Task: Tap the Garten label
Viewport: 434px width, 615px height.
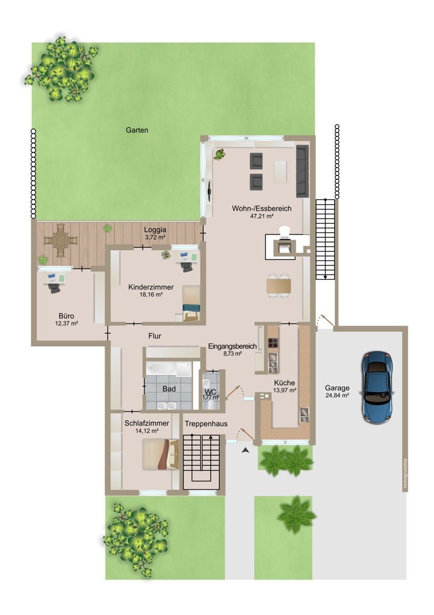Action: (137, 130)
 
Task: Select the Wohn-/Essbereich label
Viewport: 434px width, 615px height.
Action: (262, 209)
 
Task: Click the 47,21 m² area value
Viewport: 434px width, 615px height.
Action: (262, 216)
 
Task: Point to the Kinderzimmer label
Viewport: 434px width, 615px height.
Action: (151, 287)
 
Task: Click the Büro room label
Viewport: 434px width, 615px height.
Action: (67, 316)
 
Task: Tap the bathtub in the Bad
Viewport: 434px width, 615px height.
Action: (160, 368)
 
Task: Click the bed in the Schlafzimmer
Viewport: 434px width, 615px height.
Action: (160, 454)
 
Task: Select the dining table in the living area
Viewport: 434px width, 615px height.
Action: (278, 285)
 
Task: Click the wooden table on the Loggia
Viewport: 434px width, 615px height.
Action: (60, 240)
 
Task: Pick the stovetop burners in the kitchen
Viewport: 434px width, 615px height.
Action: (272, 343)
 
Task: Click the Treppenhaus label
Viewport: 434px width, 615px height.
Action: (206, 424)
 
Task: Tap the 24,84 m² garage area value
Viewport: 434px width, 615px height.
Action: (337, 395)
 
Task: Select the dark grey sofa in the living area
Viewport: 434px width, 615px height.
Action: (302, 171)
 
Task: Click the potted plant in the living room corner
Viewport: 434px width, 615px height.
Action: (220, 154)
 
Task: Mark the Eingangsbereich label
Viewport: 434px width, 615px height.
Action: (232, 346)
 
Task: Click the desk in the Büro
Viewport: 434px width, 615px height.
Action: (55, 279)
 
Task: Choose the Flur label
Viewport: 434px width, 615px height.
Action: (155, 336)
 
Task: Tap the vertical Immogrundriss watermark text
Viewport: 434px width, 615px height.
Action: (405, 474)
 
